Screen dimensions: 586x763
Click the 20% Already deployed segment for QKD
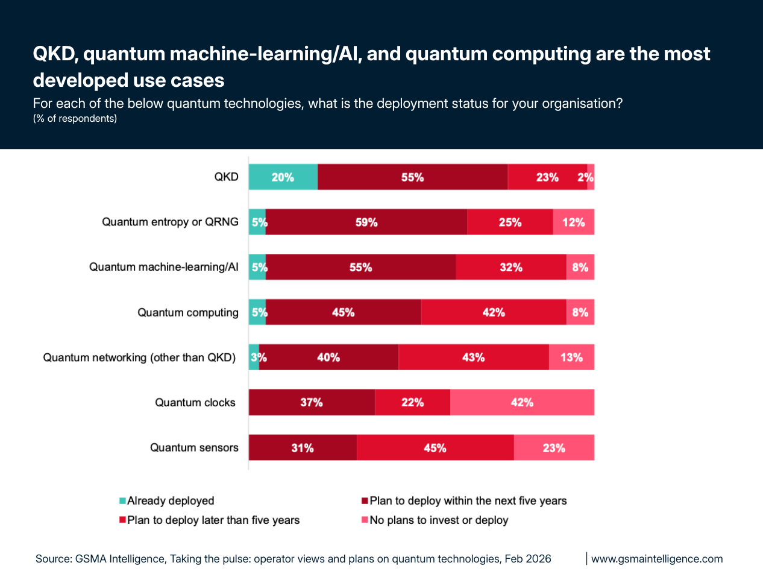click(x=283, y=177)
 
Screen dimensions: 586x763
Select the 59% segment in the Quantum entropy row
click(x=366, y=222)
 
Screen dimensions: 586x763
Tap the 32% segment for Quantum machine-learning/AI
click(x=510, y=267)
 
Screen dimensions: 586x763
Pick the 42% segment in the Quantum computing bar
click(x=493, y=312)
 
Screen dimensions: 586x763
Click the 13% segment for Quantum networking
click(x=571, y=358)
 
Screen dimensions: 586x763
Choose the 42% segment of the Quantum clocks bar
click(x=522, y=402)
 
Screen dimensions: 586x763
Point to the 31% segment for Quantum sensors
click(x=303, y=448)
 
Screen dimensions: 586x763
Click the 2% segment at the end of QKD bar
click(x=591, y=177)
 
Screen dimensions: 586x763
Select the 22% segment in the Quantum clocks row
click(x=412, y=402)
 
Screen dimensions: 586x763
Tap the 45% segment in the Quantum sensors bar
click(x=435, y=448)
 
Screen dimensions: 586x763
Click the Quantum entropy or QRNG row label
click(x=170, y=222)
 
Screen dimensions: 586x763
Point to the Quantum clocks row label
click(x=195, y=402)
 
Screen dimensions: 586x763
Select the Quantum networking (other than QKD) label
click(x=139, y=358)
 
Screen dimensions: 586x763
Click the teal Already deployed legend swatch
click(x=123, y=501)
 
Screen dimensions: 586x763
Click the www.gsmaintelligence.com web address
click(x=657, y=559)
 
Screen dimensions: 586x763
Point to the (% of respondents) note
click(x=75, y=119)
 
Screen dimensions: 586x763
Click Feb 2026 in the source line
click(x=528, y=559)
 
